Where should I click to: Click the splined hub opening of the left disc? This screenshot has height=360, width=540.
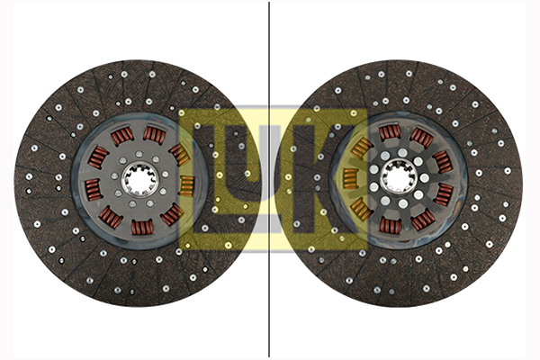(139, 179)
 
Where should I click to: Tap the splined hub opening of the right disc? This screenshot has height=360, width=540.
(399, 178)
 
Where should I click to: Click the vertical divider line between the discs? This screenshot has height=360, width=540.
(269, 179)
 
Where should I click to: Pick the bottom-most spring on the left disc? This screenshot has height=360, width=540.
(142, 228)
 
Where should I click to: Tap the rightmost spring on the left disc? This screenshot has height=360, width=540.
(187, 186)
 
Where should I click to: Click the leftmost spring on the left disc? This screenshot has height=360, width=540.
(94, 190)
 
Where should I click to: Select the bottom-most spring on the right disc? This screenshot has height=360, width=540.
(390, 226)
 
